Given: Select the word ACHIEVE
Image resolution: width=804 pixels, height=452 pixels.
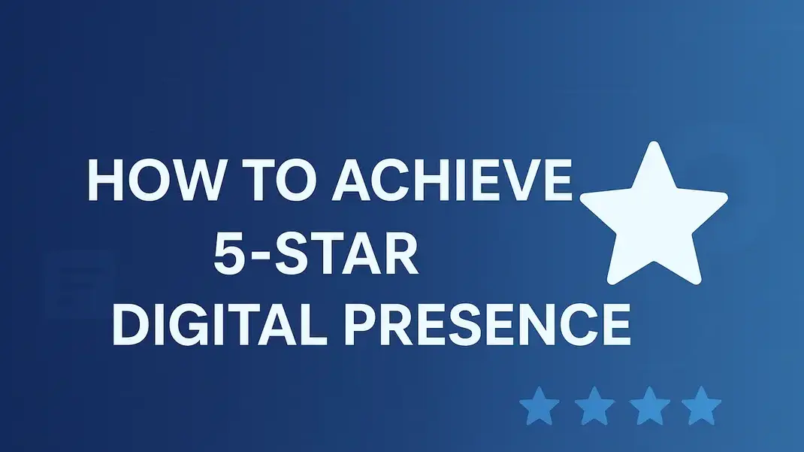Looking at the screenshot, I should tap(446, 181).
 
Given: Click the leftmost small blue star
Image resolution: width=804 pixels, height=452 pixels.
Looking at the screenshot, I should tap(540, 406).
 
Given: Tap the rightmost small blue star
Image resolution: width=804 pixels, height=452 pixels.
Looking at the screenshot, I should tap(701, 406).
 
